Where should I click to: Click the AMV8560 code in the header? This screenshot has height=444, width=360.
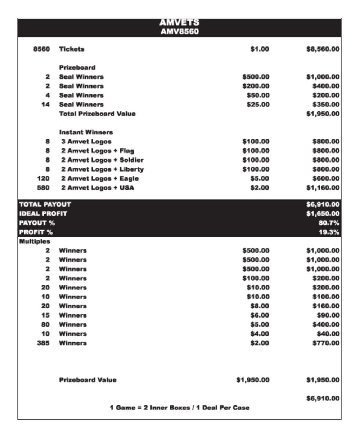pos(179,32)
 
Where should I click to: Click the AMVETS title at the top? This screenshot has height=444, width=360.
pos(179,23)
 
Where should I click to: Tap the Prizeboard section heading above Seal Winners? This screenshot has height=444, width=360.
pos(77,67)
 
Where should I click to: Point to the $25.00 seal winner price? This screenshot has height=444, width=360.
pos(258,105)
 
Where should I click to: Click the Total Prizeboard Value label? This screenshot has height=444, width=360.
pos(97,114)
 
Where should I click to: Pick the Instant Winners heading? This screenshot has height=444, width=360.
pos(86,132)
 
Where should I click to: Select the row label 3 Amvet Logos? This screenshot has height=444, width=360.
pos(86,142)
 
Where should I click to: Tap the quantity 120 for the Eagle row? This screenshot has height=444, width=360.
pos(43,178)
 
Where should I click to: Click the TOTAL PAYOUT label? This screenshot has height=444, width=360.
pos(45,204)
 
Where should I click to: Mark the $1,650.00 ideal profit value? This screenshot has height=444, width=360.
pos(323,214)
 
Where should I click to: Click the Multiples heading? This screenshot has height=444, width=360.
pos(35,241)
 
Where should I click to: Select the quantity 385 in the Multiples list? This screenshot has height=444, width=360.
pos(43,343)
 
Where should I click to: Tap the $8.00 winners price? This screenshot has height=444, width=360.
pos(260,306)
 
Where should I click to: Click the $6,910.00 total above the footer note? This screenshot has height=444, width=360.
pos(323,399)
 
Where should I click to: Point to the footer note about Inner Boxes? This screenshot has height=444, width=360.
pos(179,408)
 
